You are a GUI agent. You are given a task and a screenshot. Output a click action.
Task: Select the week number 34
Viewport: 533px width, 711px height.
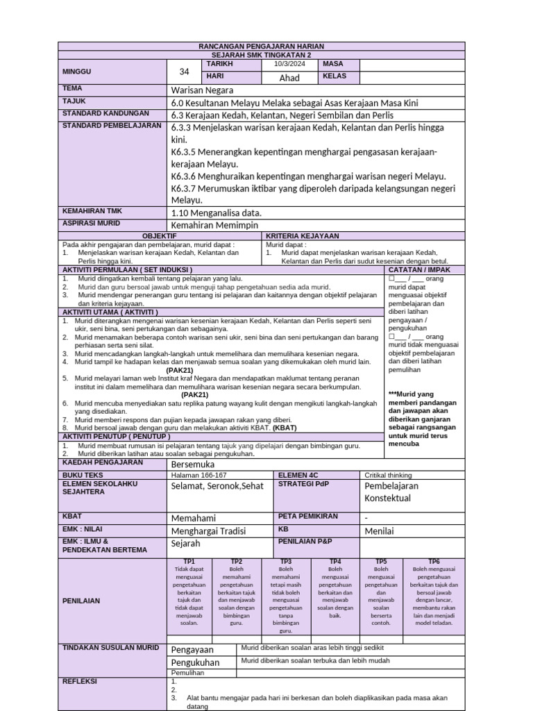(184, 71)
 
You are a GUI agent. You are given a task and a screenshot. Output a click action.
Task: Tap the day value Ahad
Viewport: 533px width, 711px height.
(289, 78)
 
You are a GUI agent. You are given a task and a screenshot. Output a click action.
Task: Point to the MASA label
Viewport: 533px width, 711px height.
(333, 64)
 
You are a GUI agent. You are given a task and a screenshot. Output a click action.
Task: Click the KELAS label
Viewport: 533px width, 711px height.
(335, 76)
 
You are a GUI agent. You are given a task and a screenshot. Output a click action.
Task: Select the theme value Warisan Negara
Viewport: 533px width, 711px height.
(202, 90)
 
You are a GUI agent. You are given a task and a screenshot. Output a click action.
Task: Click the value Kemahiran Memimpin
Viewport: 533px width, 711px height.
(214, 225)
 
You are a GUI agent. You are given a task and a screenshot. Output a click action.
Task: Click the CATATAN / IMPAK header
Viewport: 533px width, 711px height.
(419, 269)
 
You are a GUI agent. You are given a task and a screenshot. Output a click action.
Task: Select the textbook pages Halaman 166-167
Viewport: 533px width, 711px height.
(198, 475)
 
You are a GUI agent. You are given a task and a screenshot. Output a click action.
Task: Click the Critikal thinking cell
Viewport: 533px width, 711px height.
(389, 475)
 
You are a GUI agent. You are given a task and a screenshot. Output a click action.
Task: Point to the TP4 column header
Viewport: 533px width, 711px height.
(336, 561)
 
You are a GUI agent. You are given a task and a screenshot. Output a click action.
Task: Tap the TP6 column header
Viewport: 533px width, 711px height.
(434, 561)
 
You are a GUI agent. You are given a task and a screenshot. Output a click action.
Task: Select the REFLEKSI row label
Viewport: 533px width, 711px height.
(81, 681)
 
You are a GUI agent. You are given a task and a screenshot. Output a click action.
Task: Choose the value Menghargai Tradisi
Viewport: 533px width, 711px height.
(208, 531)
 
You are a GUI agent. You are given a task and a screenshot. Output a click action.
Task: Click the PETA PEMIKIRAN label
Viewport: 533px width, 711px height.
(307, 516)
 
